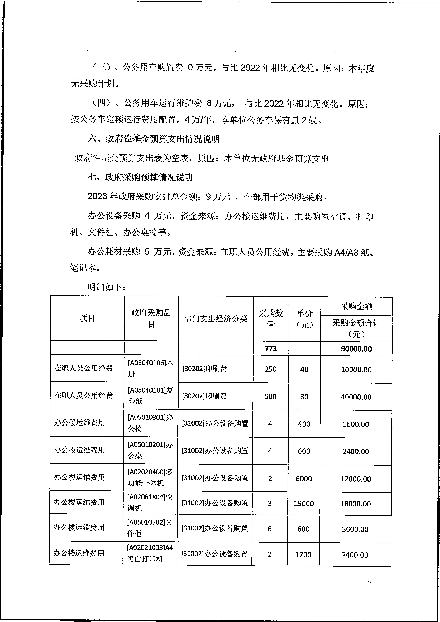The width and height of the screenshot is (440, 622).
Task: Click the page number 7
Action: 370,583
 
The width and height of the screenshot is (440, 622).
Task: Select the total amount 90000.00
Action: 356,349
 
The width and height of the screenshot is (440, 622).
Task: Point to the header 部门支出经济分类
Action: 216,319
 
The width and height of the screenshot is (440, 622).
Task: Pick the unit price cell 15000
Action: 304,504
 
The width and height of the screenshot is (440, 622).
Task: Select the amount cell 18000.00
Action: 355,504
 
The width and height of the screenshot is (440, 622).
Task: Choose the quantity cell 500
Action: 270,397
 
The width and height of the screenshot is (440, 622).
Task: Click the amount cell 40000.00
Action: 356,397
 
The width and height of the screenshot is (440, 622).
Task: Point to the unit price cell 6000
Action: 304,479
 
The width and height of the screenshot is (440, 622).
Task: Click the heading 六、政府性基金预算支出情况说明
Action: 153,139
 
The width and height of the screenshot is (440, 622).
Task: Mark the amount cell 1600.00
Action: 356,424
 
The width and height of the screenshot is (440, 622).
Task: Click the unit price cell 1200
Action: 303,555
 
